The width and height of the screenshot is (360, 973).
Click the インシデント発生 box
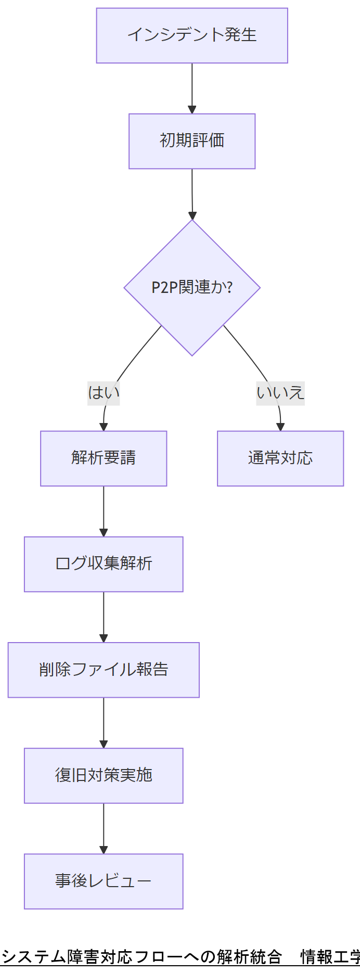point(192,35)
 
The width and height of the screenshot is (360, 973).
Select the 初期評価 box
point(192,141)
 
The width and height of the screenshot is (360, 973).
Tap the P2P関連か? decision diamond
point(192,287)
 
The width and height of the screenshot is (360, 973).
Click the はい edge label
point(104,392)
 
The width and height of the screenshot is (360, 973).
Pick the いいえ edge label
point(280,392)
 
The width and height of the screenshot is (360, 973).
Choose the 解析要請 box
point(104,458)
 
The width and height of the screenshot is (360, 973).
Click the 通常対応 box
point(280,458)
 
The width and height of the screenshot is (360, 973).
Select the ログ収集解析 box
point(104,564)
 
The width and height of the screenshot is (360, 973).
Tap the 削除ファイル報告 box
point(104,670)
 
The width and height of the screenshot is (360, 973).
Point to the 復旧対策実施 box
point(104,775)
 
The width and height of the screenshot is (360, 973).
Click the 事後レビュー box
point(104,881)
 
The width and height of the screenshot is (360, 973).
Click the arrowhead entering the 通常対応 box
point(280,427)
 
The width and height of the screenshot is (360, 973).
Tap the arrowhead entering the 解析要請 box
point(104,427)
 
